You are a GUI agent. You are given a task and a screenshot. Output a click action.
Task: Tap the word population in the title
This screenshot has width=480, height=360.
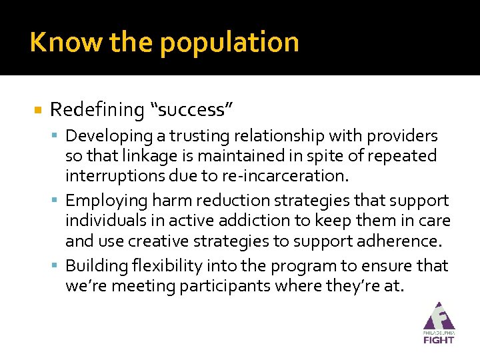(229, 43)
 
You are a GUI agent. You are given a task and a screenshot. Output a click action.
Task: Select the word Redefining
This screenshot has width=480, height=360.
(97, 109)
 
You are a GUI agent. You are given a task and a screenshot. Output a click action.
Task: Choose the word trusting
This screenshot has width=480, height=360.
(199, 136)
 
